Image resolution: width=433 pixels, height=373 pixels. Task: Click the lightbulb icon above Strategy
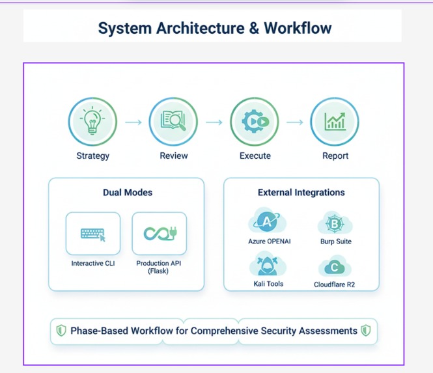[92, 120]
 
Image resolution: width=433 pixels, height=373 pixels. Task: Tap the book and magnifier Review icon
[173, 120]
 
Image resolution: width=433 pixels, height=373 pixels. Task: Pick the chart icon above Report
[335, 121]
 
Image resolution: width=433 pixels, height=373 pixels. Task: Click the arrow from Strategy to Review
[133, 122]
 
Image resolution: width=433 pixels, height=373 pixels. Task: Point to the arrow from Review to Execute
[214, 122]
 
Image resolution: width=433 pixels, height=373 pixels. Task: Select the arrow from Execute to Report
[295, 122]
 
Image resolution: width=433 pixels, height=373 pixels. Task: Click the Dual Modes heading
[128, 192]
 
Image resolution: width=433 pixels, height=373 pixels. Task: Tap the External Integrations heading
[301, 192]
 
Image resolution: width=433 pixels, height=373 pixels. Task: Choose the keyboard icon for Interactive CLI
[93, 234]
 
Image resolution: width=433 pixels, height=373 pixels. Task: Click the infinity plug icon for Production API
[160, 234]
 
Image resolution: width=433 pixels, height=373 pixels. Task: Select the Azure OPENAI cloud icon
[268, 221]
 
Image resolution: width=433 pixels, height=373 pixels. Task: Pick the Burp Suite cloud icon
[335, 223]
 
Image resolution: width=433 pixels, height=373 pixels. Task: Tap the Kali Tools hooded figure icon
[268, 264]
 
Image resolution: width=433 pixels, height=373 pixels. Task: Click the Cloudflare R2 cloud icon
[335, 266]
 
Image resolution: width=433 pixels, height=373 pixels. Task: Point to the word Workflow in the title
[298, 28]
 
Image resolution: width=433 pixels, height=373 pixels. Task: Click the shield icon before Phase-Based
[61, 330]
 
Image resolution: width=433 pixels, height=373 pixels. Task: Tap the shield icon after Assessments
[366, 330]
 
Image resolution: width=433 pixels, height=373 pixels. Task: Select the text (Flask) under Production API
[158, 271]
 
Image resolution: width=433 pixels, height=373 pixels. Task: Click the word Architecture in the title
[200, 28]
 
